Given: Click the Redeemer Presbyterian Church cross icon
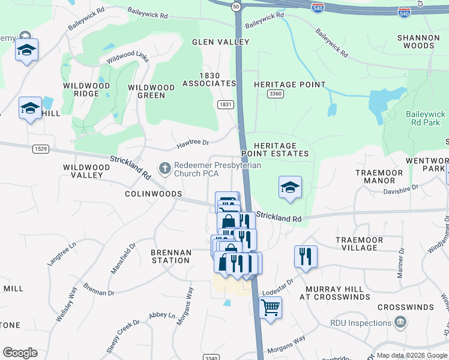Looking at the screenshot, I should (x=164, y=169).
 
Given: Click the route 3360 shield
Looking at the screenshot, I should (x=276, y=94).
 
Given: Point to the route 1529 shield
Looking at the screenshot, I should (x=41, y=149).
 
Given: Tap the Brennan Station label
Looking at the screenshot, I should (x=170, y=257).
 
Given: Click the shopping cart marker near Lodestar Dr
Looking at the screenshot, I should (x=271, y=308).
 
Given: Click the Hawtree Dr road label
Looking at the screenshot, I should (x=192, y=143).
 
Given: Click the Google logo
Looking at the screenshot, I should (x=20, y=353).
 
